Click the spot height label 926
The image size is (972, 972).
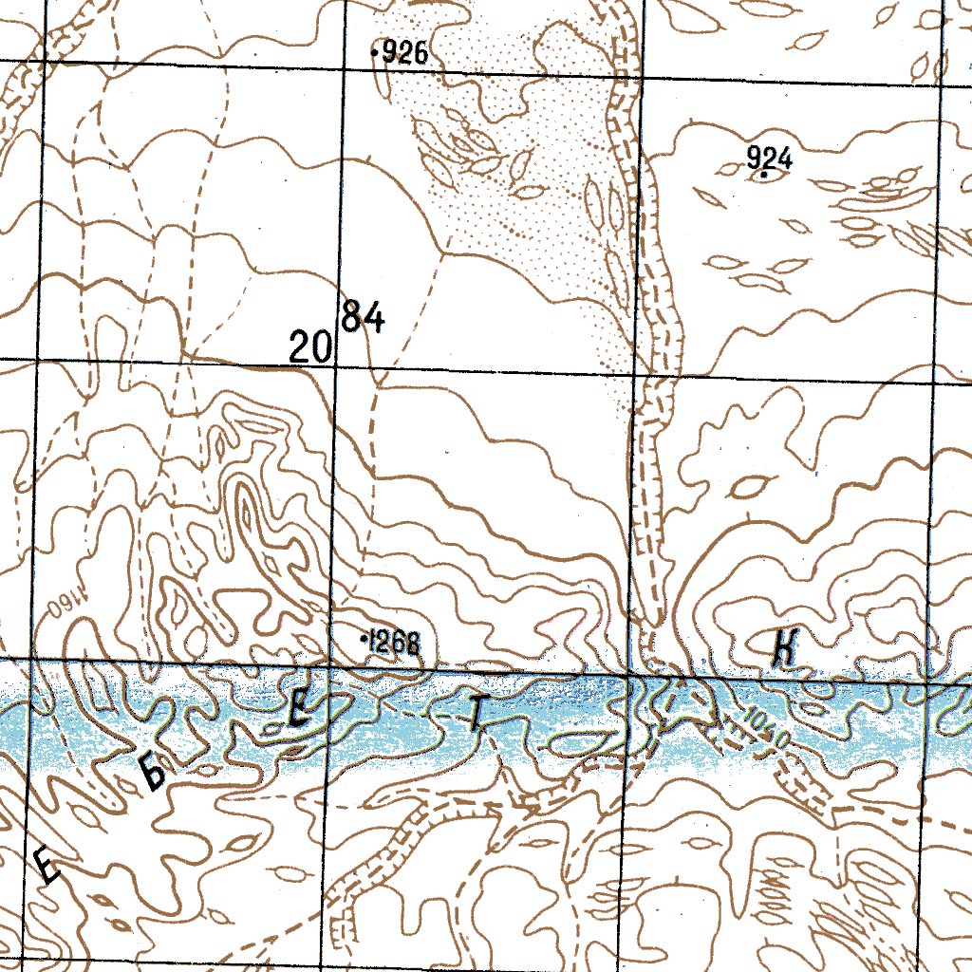click(407, 54)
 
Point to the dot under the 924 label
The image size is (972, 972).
click(763, 174)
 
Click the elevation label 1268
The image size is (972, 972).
click(394, 643)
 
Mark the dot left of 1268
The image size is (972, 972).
click(365, 642)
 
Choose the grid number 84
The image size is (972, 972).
click(363, 317)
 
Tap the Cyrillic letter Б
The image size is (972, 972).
click(155, 773)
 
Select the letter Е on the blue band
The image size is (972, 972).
click(299, 710)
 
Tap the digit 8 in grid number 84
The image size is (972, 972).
click(352, 317)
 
